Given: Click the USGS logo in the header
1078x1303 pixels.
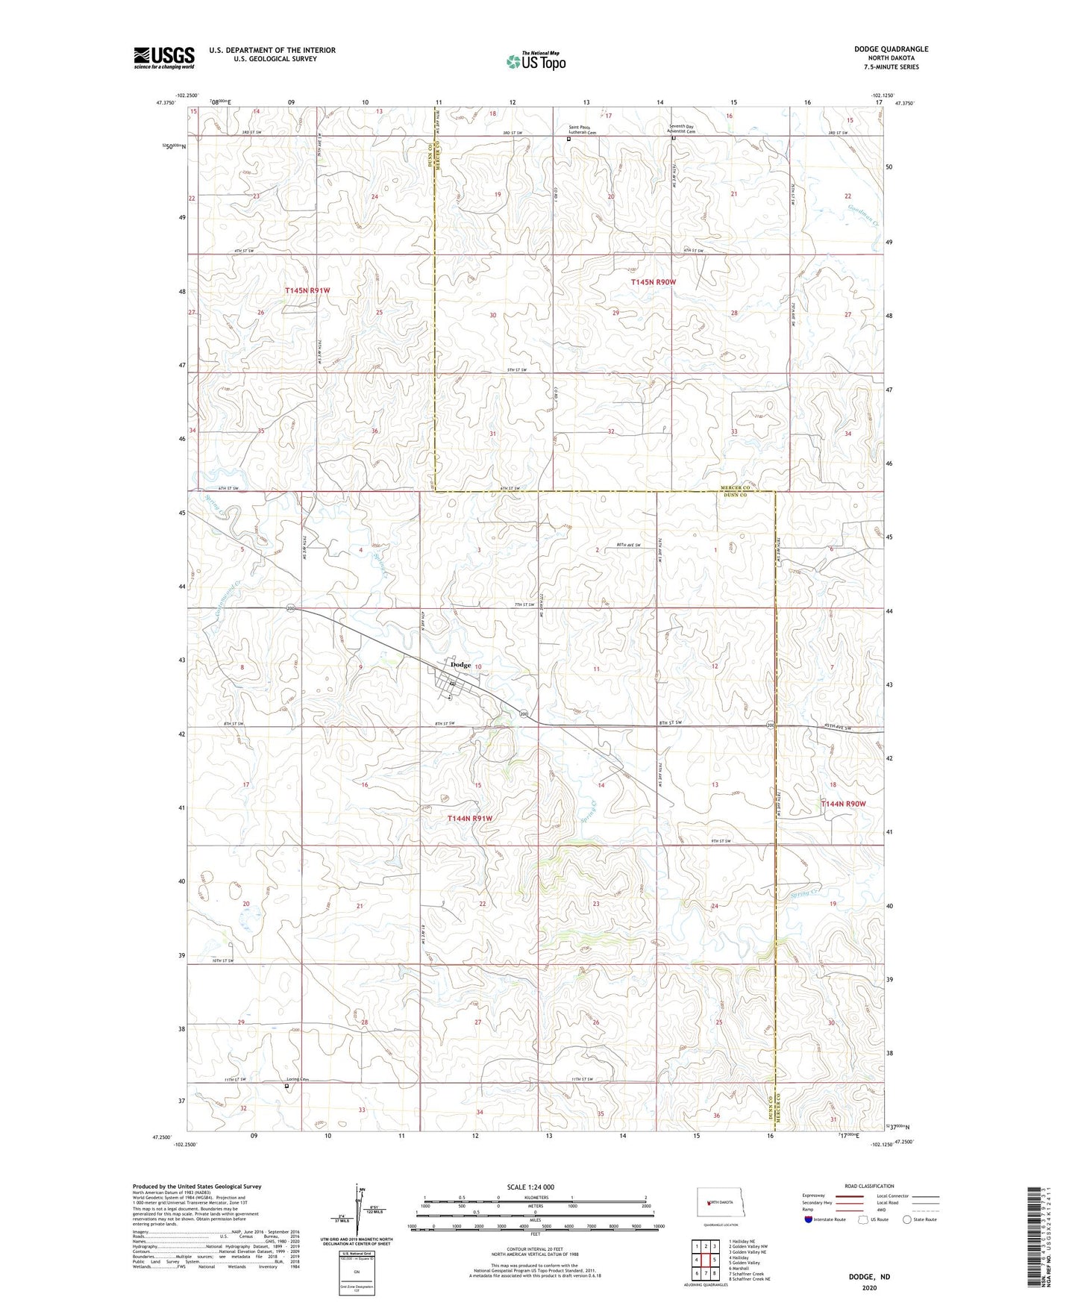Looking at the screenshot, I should [x=164, y=57].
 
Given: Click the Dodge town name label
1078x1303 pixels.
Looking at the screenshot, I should [x=461, y=665].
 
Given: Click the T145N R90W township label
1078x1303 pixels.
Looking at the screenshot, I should [x=653, y=282].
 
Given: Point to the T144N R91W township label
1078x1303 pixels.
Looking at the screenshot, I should [x=470, y=818].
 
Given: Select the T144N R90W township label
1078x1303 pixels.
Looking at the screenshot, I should [x=843, y=804].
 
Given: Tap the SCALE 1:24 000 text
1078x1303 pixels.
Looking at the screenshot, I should [x=530, y=1187].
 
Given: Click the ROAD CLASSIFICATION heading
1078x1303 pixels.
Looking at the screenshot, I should [x=869, y=1186].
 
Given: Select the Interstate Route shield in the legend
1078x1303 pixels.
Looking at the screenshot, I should [x=809, y=1219].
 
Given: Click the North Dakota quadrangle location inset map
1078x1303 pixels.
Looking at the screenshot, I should [x=720, y=1203].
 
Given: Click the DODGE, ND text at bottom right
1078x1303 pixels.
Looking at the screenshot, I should [x=869, y=1276].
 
